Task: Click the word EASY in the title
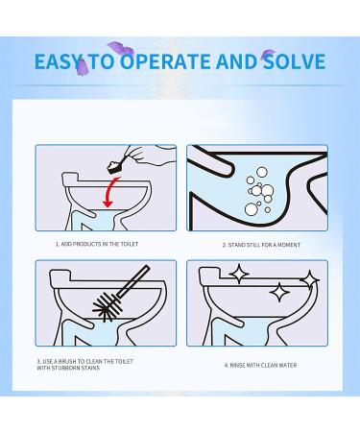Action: click(60, 63)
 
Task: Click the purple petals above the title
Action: click(122, 45)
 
